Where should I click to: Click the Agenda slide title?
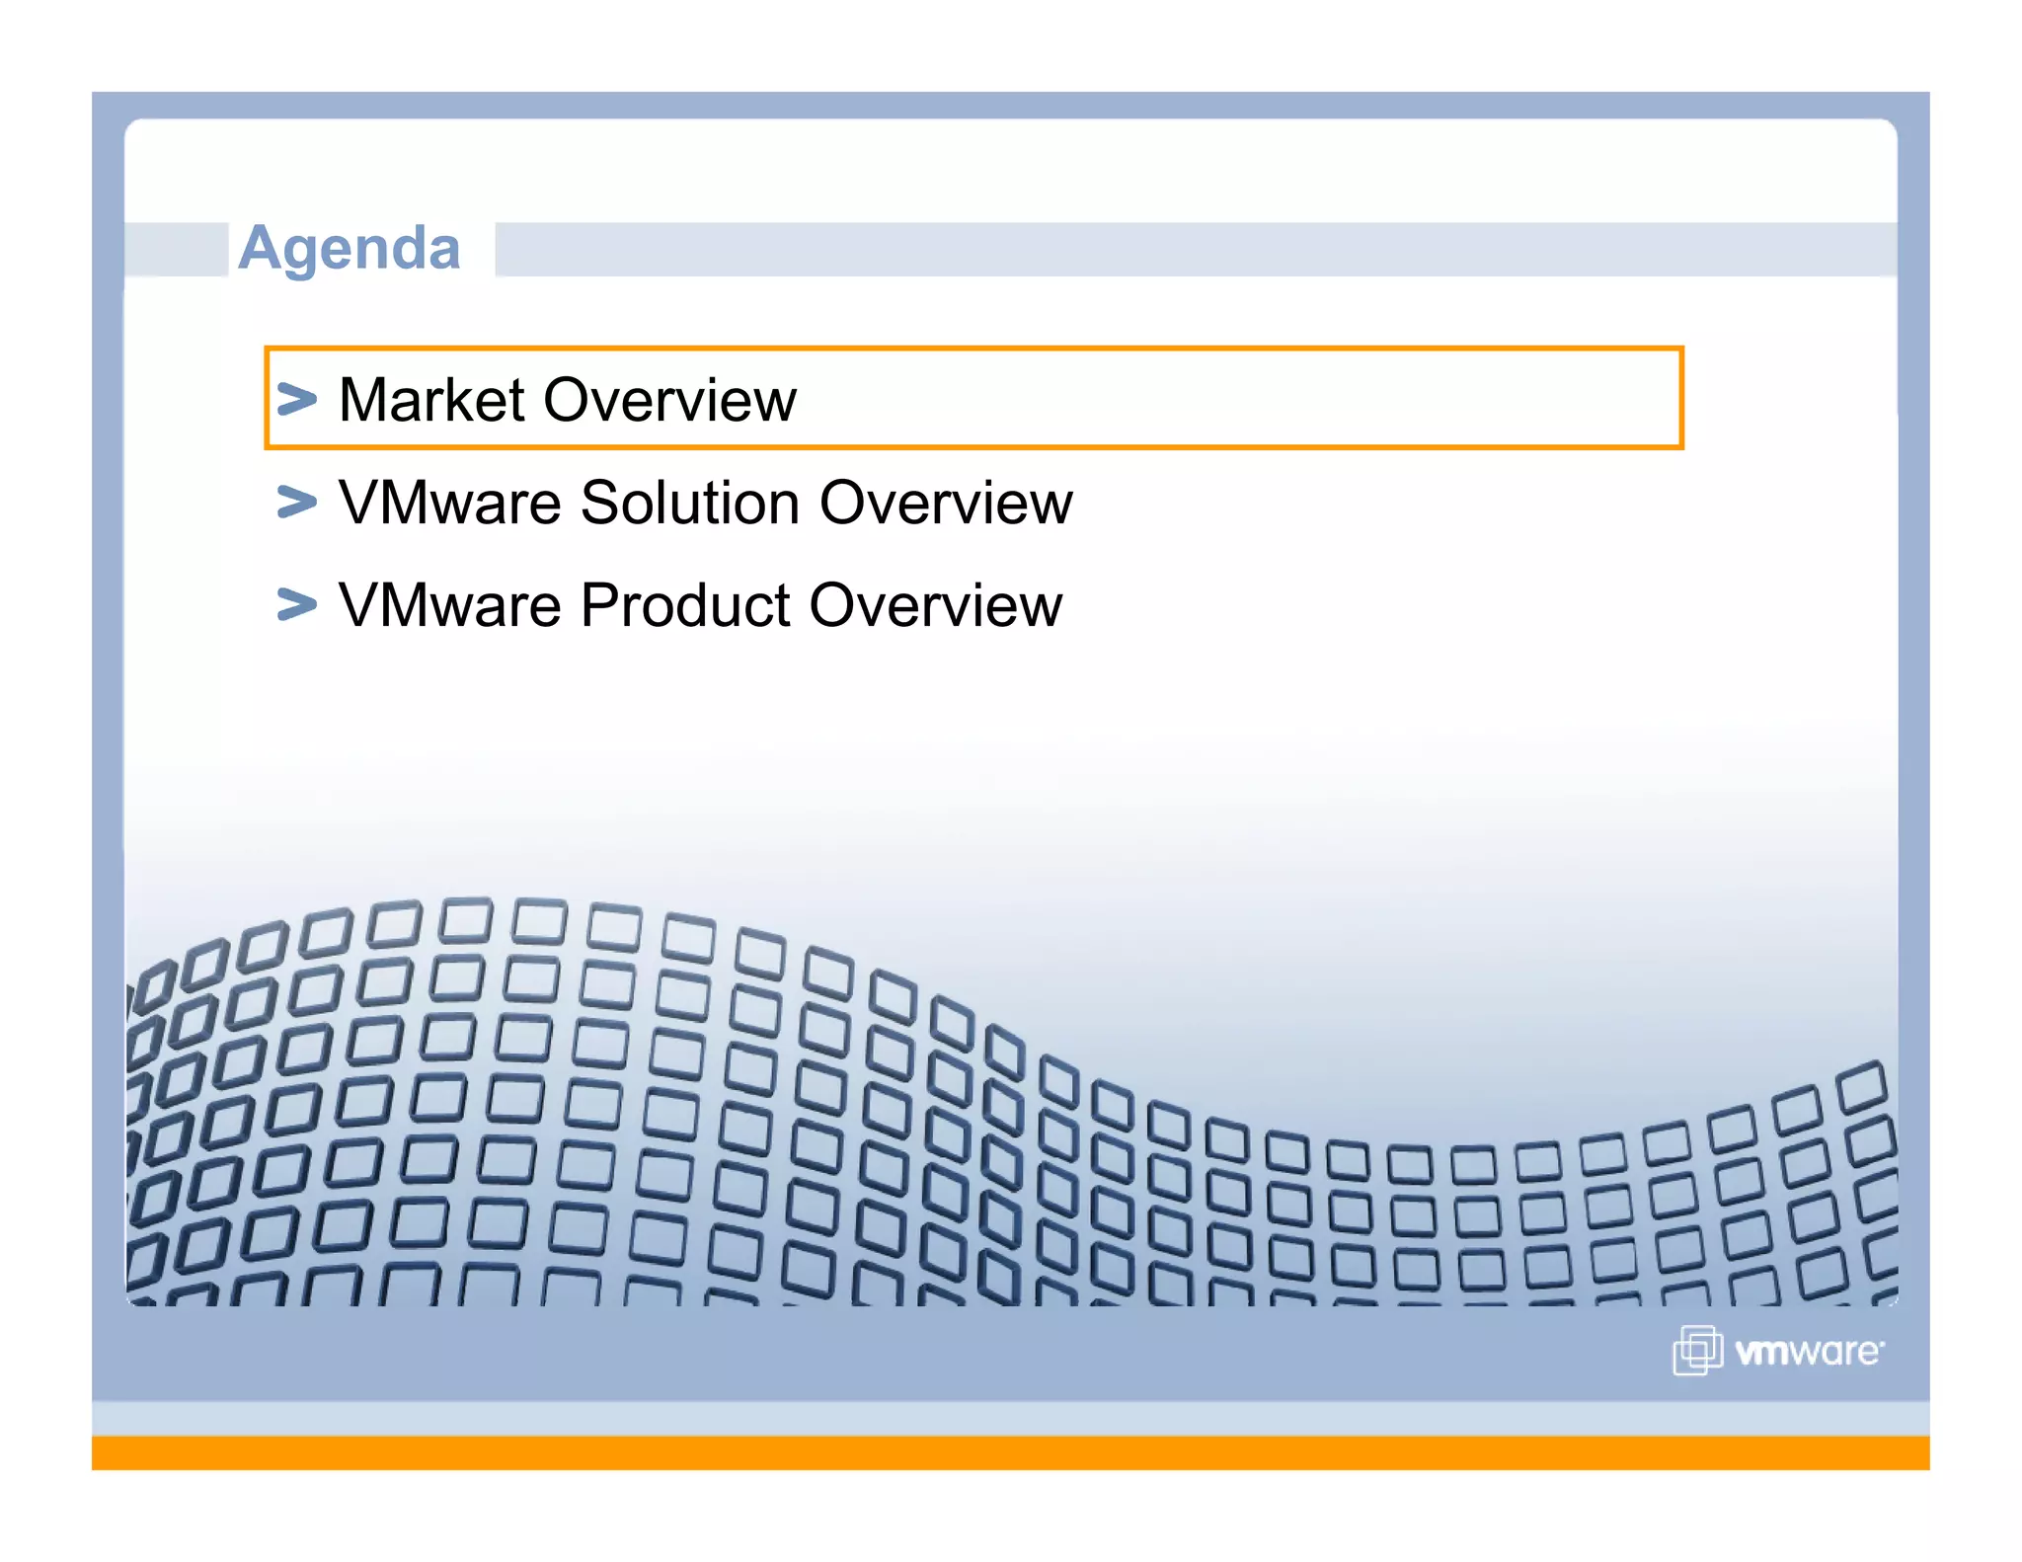(350, 248)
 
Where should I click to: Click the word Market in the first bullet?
(431, 400)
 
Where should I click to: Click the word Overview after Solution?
(946, 503)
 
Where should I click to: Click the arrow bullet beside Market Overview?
(296, 399)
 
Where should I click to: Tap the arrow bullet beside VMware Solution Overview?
(296, 502)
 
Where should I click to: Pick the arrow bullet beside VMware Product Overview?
(296, 603)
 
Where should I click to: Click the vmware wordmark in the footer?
(1809, 1352)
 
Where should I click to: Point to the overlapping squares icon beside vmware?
(1697, 1350)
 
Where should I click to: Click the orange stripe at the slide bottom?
(1011, 1452)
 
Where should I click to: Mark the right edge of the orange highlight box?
(1680, 398)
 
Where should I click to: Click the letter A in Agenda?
(260, 248)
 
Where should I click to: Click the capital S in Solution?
(602, 503)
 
